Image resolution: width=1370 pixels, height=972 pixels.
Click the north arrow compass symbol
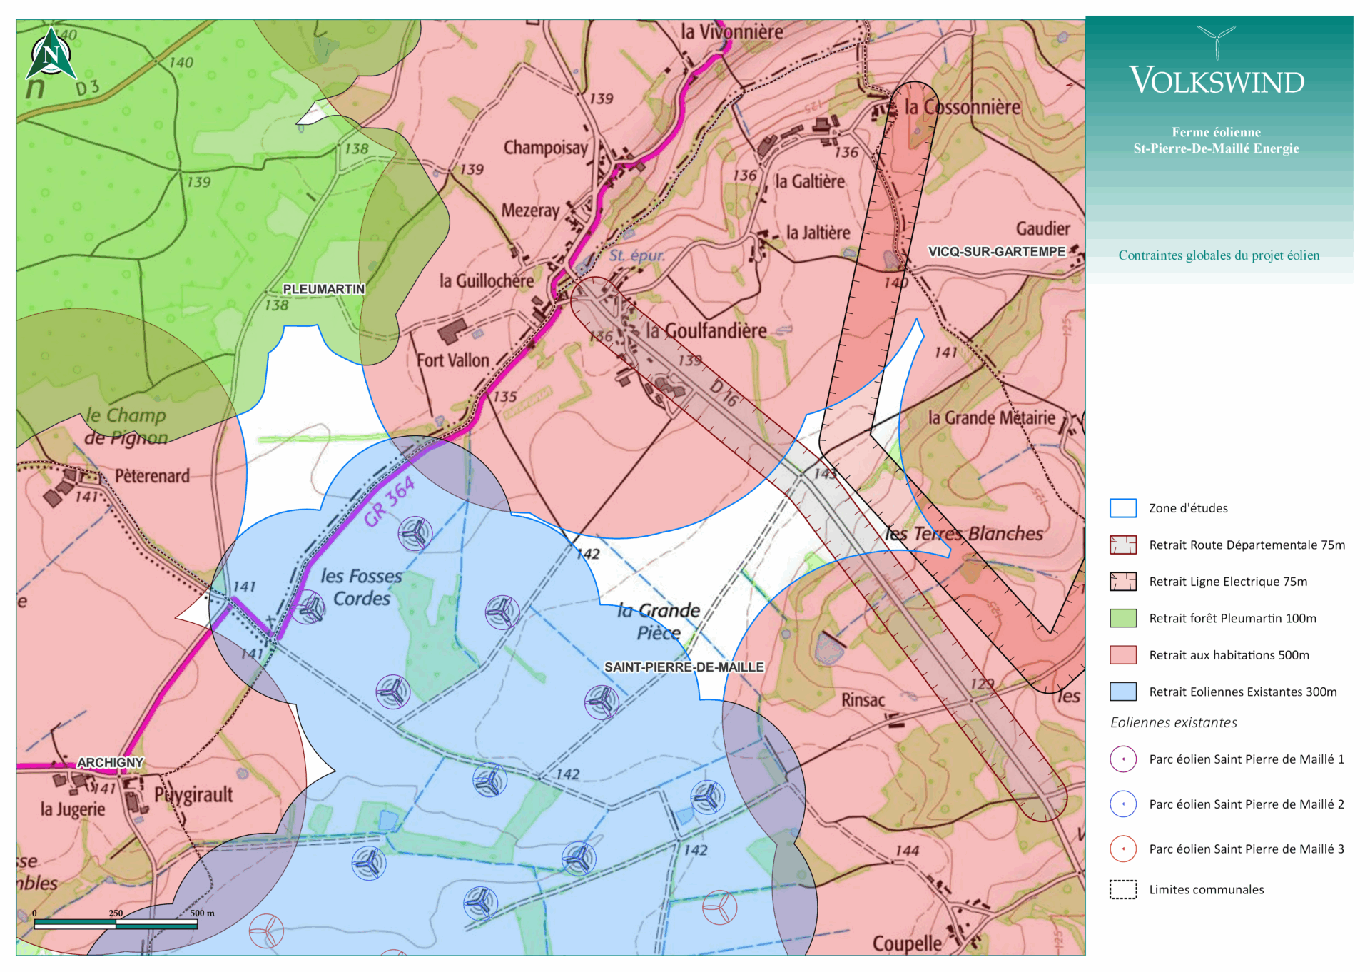coord(51,54)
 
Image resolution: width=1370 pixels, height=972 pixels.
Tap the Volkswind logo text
coord(1217,81)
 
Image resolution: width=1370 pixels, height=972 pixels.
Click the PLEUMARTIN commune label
coord(323,289)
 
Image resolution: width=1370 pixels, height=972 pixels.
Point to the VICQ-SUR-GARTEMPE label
coord(996,252)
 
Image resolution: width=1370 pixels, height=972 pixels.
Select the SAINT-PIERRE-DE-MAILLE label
coord(684,667)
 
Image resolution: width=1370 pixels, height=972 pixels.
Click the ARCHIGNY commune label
coord(111,763)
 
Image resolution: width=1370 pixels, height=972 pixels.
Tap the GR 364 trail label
coord(389,501)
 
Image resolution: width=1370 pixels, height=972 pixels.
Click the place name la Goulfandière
coord(706,331)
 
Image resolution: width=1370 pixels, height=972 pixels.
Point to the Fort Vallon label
coord(453,360)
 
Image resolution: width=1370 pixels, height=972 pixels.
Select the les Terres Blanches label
coord(963,534)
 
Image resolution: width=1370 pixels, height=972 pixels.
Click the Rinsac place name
coord(863,700)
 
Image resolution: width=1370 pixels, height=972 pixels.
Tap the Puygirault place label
coord(193,794)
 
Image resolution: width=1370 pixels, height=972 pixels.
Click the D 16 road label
coord(724,393)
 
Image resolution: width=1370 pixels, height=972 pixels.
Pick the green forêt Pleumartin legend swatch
coord(1122,618)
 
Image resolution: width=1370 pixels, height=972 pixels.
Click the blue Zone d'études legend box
coord(1122,508)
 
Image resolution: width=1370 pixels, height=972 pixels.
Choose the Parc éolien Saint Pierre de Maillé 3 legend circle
coord(1122,849)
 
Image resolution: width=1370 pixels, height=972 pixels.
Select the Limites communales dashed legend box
coord(1122,889)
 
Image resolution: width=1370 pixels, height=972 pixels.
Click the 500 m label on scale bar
coord(202,913)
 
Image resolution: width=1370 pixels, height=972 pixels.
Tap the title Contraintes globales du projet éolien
coord(1218,255)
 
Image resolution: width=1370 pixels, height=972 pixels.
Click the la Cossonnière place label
coord(962,108)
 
